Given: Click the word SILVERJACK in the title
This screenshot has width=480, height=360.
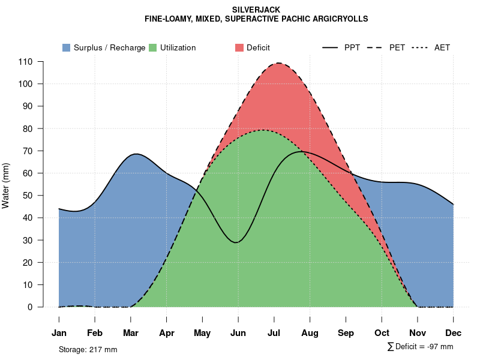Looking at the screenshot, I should (x=256, y=10).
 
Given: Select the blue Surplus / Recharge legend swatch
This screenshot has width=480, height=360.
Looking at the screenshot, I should (x=66, y=47).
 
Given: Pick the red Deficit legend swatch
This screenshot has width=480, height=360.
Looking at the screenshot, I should (x=239, y=47).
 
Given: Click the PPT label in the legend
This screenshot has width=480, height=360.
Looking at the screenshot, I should (x=352, y=47).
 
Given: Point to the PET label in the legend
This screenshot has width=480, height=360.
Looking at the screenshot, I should (x=397, y=47).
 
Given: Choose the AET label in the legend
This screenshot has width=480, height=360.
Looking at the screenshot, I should (x=442, y=47).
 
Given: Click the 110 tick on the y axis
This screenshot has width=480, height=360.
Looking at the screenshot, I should (x=25, y=62).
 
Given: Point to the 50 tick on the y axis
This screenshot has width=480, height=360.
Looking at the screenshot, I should (x=28, y=196).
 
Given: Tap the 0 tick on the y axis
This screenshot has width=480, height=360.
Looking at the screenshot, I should (x=30, y=307).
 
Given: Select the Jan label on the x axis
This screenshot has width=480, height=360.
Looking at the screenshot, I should (x=59, y=333).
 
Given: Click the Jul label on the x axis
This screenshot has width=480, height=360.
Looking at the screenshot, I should (x=274, y=333).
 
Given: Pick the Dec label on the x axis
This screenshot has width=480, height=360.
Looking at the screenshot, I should (x=454, y=333).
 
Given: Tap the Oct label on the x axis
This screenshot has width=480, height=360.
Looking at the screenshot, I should (x=382, y=333).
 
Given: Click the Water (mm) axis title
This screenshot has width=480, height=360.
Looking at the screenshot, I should (x=6, y=185).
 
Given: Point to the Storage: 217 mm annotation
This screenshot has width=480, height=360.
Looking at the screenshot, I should (x=88, y=349).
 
